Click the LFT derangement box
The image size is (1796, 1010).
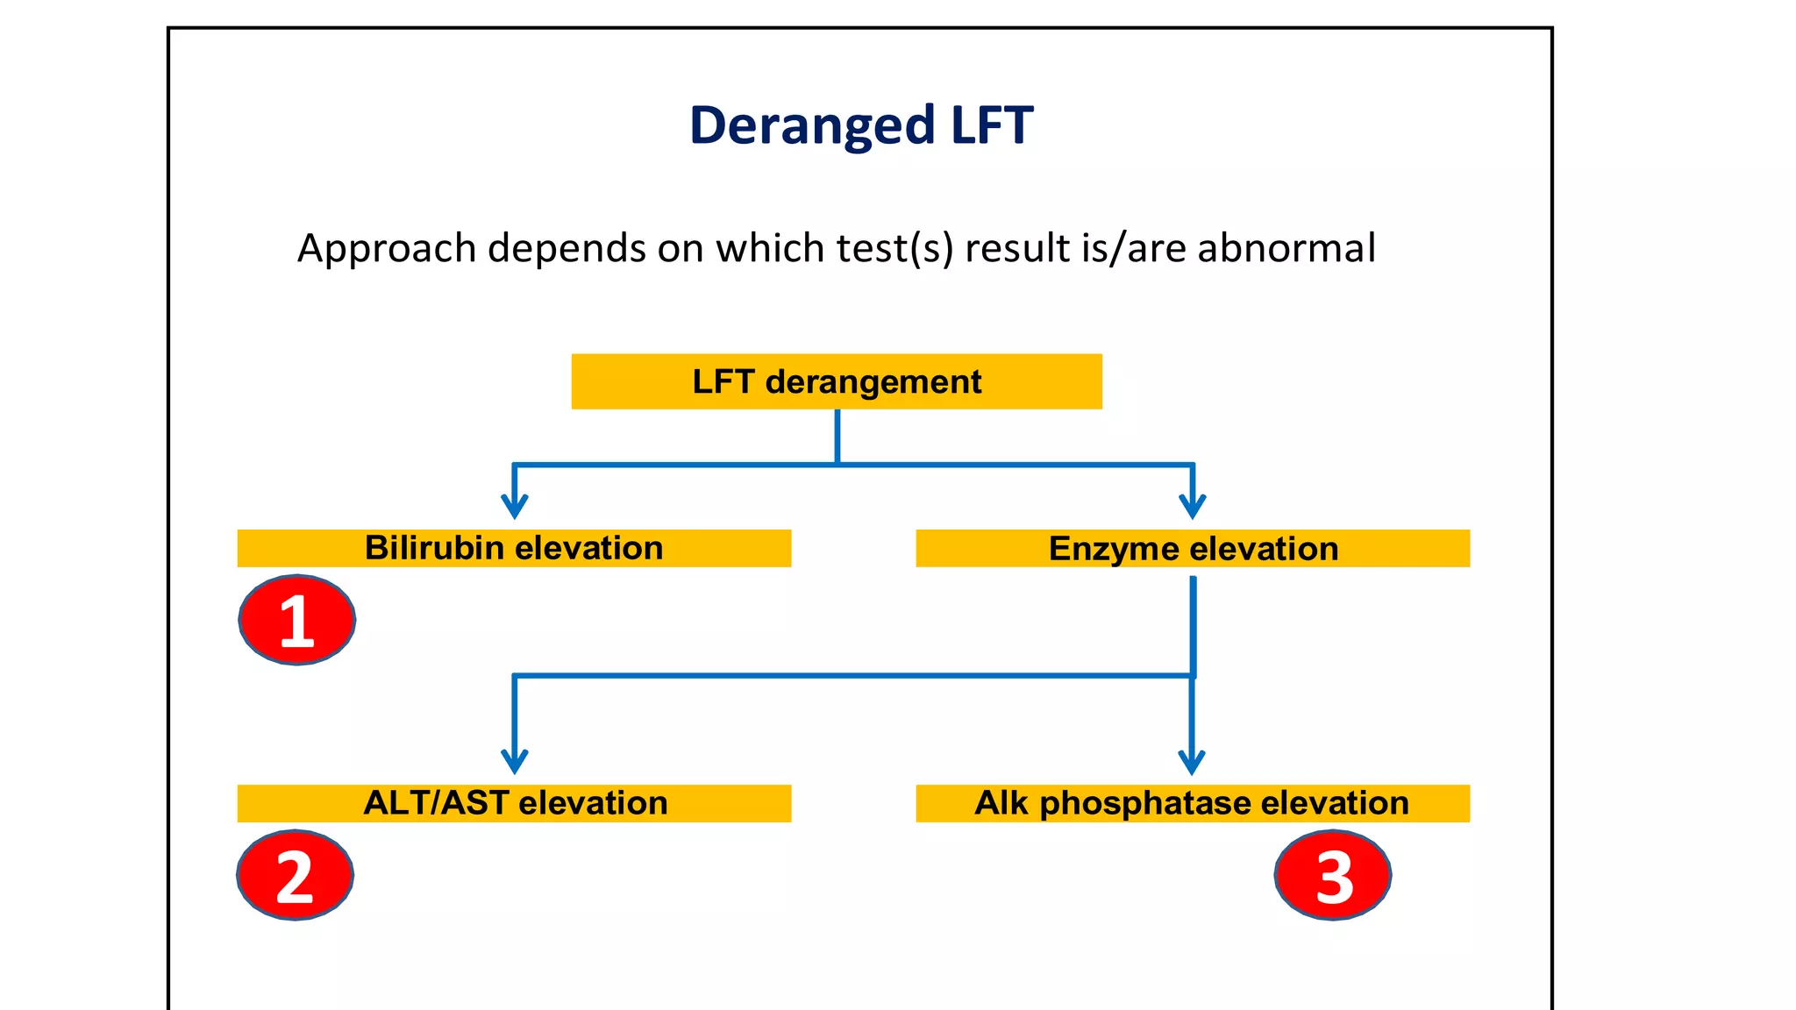tap(836, 381)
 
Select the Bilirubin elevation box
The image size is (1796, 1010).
tap(514, 548)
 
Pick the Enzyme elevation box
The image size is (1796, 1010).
tap(1193, 548)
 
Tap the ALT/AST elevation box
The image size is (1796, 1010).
tap(514, 803)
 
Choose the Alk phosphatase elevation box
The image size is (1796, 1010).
tap(1193, 803)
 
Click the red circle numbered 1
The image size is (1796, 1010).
tap(297, 620)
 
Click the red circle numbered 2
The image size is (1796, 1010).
tap(296, 875)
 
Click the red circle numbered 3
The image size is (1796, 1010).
tap(1333, 875)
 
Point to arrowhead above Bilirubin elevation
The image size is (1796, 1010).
tap(515, 508)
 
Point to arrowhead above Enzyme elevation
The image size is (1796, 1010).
tap(1193, 508)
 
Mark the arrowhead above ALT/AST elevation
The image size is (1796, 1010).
tap(515, 762)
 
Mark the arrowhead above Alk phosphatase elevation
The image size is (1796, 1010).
tap(1192, 762)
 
